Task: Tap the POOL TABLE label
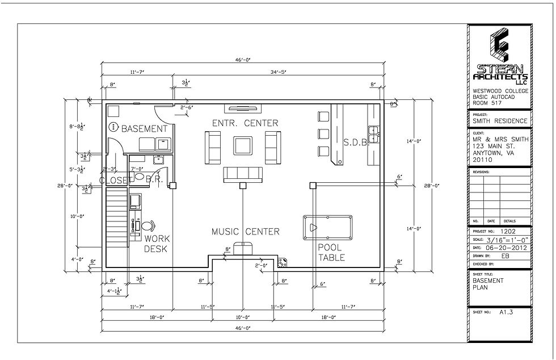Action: pos(331,252)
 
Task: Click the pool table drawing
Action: pos(327,227)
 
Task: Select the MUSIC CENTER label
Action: pos(245,231)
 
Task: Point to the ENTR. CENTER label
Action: pos(245,123)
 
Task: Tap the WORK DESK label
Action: pos(157,244)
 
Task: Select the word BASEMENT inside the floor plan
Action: pos(144,129)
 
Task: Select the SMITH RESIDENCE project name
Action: pos(500,121)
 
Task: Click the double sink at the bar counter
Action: pos(374,134)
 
